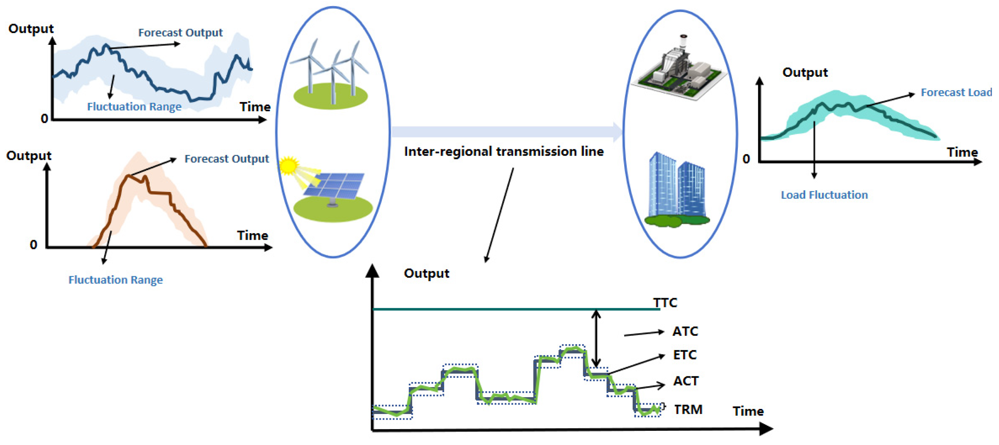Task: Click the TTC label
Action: click(665, 303)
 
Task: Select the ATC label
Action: click(685, 331)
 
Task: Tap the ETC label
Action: click(685, 355)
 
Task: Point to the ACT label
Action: click(686, 381)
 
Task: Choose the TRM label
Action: click(688, 409)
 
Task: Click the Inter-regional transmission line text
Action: click(504, 152)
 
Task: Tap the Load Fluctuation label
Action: click(824, 195)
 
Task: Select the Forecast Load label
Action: click(956, 93)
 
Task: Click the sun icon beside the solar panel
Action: click(289, 165)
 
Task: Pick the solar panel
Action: click(334, 186)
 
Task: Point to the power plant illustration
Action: click(679, 72)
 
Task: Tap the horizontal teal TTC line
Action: click(504, 309)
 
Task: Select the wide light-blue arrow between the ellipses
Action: click(504, 132)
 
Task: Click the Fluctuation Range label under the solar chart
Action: click(116, 280)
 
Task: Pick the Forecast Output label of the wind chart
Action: click(180, 33)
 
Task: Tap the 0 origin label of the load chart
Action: click(746, 159)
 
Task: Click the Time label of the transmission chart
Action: click(748, 411)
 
